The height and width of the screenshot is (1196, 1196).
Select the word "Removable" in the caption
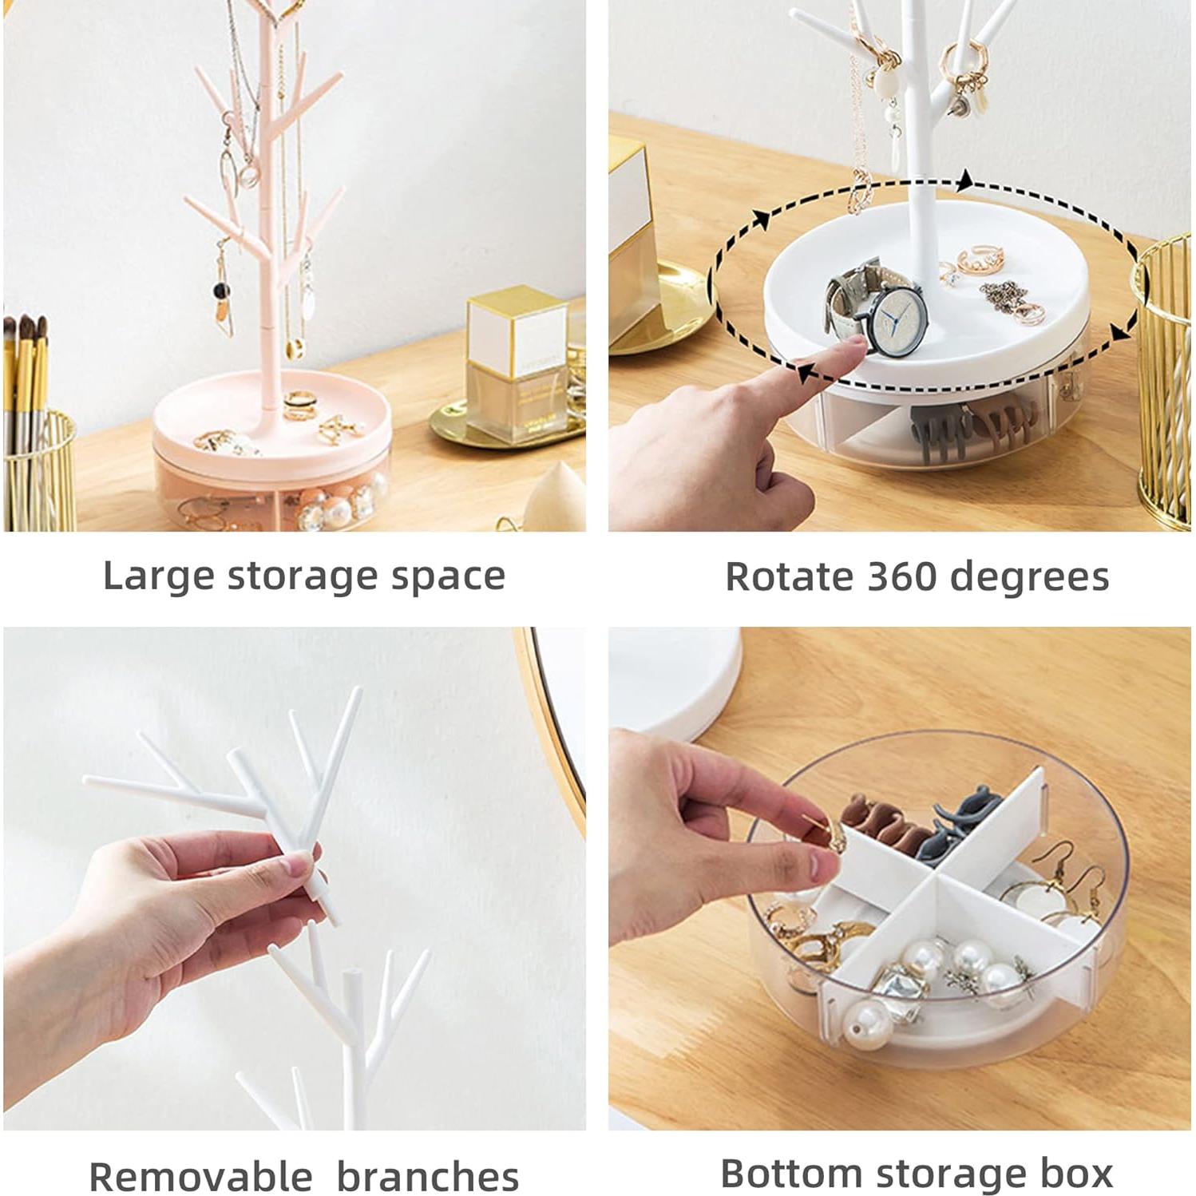200,1177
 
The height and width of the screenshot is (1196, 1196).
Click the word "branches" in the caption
427,1177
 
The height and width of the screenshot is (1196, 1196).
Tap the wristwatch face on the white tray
897,323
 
